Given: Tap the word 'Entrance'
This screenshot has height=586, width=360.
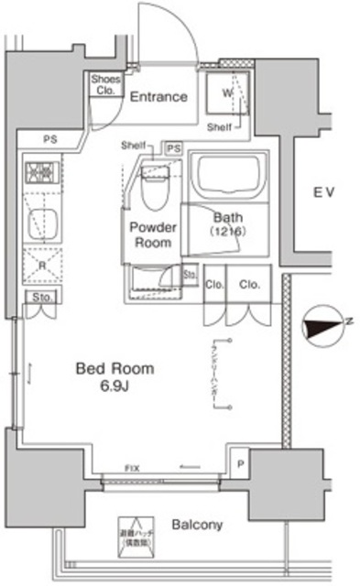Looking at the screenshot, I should (158, 96).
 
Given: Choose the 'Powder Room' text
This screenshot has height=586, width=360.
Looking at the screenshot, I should (152, 235).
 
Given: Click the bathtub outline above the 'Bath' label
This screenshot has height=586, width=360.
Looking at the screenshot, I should (226, 176).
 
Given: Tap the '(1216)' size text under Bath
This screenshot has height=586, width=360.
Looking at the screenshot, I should (226, 233).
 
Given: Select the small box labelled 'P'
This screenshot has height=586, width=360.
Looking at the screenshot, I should (239, 464).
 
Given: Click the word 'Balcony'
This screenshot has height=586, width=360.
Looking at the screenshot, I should (196, 525).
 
